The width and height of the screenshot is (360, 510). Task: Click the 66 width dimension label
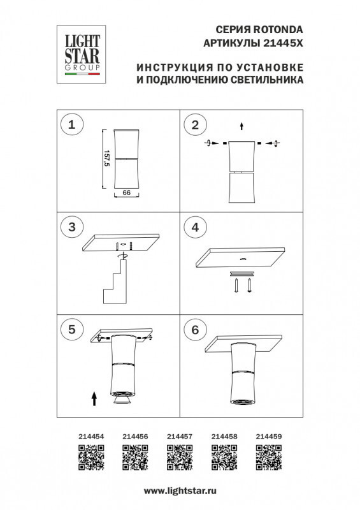(126, 192)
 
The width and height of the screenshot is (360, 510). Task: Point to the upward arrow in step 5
(94, 399)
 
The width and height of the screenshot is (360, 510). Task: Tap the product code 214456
(134, 437)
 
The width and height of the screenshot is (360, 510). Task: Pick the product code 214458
(224, 437)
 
